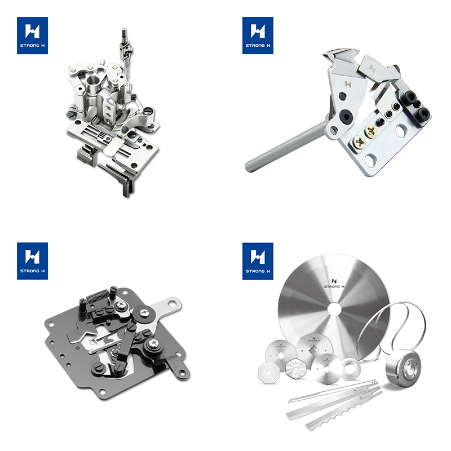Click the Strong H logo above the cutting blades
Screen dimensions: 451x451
[x=258, y=261]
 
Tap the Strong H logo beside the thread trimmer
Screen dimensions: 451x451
[x=258, y=36]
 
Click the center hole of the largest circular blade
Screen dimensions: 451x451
[x=334, y=308]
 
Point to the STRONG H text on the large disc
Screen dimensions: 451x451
[x=334, y=286]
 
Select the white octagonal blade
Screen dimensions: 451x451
[x=268, y=373]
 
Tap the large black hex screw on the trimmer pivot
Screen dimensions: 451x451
[x=345, y=117]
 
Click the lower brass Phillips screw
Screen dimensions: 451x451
[x=360, y=142]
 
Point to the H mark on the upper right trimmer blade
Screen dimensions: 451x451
[x=373, y=69]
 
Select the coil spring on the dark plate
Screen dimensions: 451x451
[x=97, y=296]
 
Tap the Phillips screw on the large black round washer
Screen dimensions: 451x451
[x=143, y=312]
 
